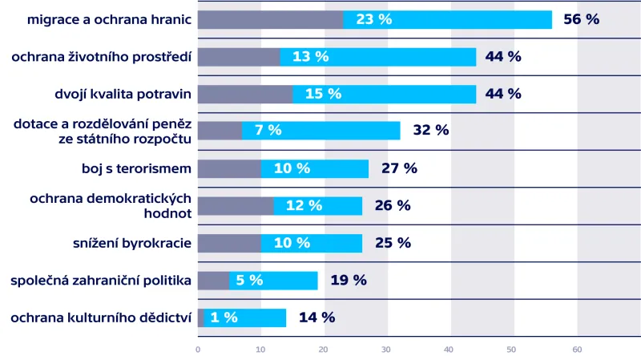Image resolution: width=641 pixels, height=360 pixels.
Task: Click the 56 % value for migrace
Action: click(581, 19)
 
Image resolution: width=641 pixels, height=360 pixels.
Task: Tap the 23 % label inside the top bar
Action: click(373, 19)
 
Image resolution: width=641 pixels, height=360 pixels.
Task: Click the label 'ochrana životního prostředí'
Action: click(101, 57)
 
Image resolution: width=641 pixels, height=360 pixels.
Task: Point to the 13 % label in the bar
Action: click(310, 57)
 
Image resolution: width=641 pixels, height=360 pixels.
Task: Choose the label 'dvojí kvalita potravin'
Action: click(123, 94)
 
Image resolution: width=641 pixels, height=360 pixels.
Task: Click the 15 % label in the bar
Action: click(323, 94)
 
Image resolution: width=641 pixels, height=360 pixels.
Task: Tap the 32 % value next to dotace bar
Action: click(430, 131)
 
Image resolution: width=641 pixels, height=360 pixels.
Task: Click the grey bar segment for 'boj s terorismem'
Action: click(228, 168)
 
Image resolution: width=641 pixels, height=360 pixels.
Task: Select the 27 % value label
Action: click(399, 168)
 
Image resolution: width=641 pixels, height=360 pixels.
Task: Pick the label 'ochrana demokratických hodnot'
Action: click(111, 205)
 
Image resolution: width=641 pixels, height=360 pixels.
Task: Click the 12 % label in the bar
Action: click(304, 205)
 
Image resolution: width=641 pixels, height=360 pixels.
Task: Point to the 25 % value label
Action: click(393, 243)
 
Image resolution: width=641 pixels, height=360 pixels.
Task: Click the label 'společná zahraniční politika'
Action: click(101, 280)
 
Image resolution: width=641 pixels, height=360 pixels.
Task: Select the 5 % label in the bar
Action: click(249, 280)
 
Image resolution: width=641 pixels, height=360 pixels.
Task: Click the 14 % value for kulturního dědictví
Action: click(316, 318)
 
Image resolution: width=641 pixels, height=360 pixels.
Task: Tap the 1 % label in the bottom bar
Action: click(224, 318)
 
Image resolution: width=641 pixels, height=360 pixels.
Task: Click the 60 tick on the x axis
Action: click(577, 350)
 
